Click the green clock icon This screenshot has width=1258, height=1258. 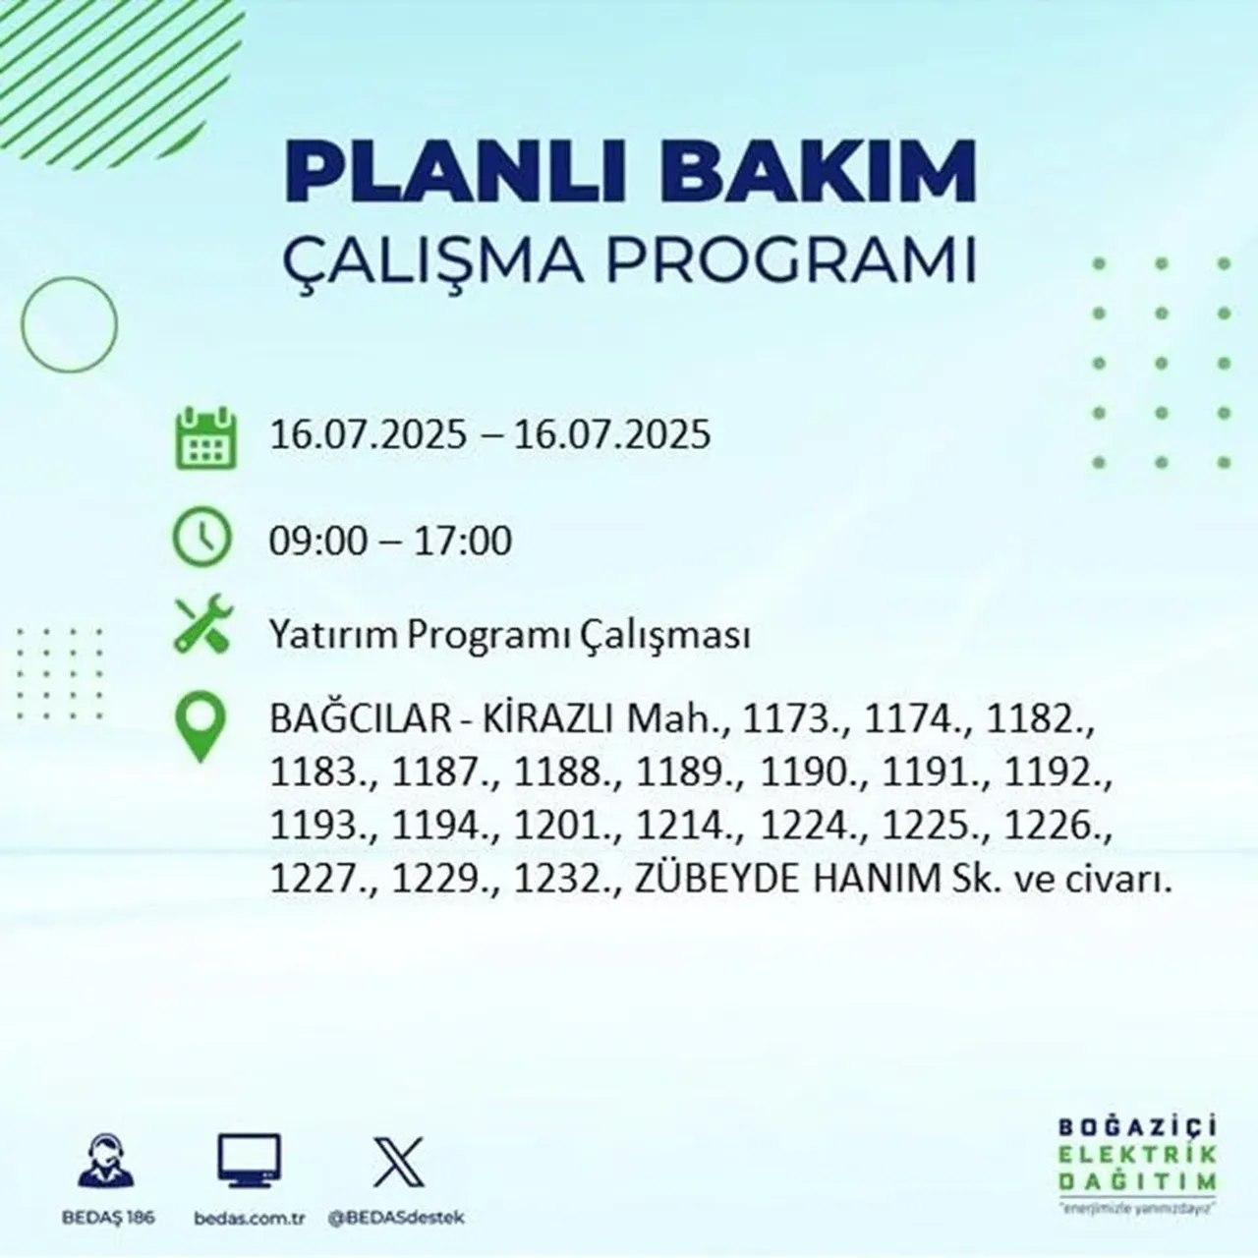point(202,539)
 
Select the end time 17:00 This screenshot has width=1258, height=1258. point(462,541)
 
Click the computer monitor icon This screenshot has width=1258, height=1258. point(249,1163)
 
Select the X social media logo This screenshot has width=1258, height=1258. point(398,1163)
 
